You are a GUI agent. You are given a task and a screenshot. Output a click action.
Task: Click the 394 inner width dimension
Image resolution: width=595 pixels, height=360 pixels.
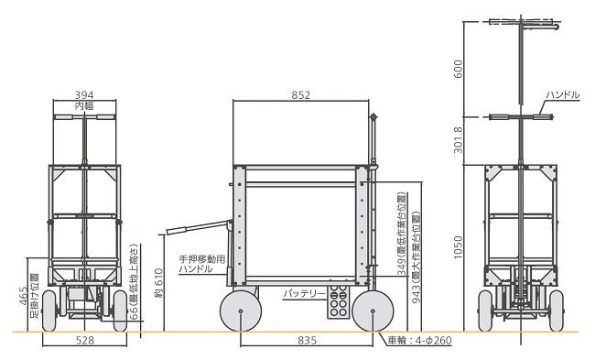pyautogui.click(x=84, y=94)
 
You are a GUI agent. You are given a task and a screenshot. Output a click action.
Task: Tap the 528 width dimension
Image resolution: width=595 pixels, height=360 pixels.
pyautogui.click(x=84, y=340)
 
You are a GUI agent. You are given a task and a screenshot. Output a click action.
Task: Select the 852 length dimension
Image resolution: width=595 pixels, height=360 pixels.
pyautogui.click(x=300, y=94)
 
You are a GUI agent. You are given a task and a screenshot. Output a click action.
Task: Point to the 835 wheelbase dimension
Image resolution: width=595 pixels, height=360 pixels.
pyautogui.click(x=307, y=340)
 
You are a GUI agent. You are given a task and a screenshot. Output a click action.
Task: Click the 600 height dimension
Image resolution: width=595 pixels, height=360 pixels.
pyautogui.click(x=458, y=69)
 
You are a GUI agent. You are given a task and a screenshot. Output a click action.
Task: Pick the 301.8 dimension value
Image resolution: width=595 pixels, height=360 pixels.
pyautogui.click(x=458, y=140)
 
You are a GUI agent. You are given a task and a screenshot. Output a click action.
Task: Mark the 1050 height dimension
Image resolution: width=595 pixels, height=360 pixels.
pyautogui.click(x=458, y=247)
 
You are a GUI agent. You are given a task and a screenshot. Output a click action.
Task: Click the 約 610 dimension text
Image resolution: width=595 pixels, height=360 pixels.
pyautogui.click(x=159, y=283)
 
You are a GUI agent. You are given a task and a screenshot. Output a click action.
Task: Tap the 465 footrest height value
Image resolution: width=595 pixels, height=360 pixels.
pyautogui.click(x=23, y=296)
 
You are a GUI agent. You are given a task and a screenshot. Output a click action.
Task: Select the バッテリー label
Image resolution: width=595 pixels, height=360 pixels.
pyautogui.click(x=304, y=293)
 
